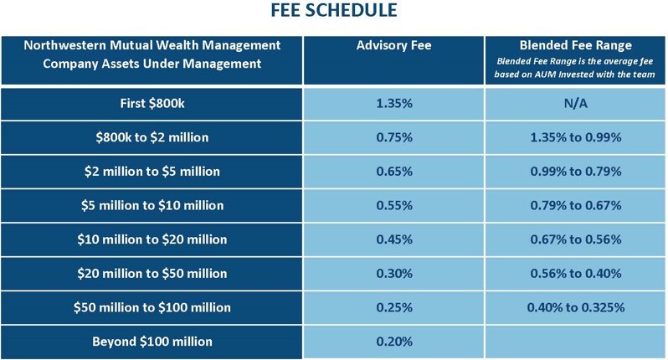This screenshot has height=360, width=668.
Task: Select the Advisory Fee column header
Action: pos(393,44)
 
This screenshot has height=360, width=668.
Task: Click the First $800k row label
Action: pos(152,104)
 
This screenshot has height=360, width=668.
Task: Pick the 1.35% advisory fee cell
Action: pos(393,104)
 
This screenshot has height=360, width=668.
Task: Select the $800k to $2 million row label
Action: pos(152,137)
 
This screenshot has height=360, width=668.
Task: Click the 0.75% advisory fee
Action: pos(393,137)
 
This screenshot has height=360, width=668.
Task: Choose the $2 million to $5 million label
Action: pos(152,172)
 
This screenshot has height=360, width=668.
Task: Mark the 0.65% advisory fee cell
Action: pos(393,172)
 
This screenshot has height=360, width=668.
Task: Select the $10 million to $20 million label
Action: pos(152,239)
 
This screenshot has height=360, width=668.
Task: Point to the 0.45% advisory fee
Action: pos(393,239)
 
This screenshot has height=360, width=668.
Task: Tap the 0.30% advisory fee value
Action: pos(393,273)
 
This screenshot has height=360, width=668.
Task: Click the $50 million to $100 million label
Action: pos(152,307)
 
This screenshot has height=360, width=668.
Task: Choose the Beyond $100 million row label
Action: pos(152,341)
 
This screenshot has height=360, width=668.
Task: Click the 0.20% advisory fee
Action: pos(393,341)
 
